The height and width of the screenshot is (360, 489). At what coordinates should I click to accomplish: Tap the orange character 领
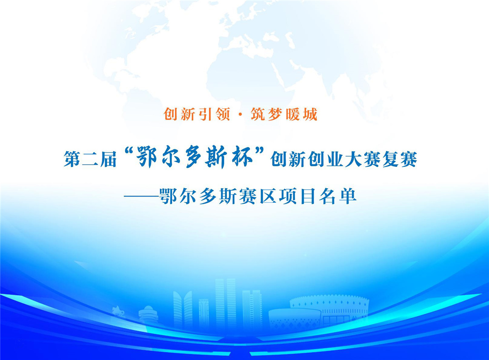(x=223, y=114)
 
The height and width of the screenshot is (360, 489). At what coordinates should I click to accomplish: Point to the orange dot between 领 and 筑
(x=240, y=115)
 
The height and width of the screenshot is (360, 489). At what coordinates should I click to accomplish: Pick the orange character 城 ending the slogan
(x=310, y=114)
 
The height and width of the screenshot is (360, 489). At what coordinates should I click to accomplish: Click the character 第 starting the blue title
(x=72, y=159)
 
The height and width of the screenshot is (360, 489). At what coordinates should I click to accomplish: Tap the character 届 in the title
(x=108, y=159)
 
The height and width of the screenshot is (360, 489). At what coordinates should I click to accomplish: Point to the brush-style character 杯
(x=242, y=157)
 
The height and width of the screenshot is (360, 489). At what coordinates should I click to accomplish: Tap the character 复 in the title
(x=390, y=159)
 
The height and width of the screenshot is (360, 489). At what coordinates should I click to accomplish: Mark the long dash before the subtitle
(x=141, y=197)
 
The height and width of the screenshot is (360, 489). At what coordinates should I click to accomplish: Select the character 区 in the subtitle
(x=268, y=197)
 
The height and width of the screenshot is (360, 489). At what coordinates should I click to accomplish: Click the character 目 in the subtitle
(x=308, y=197)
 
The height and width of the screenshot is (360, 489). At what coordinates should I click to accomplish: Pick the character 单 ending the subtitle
(x=348, y=197)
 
